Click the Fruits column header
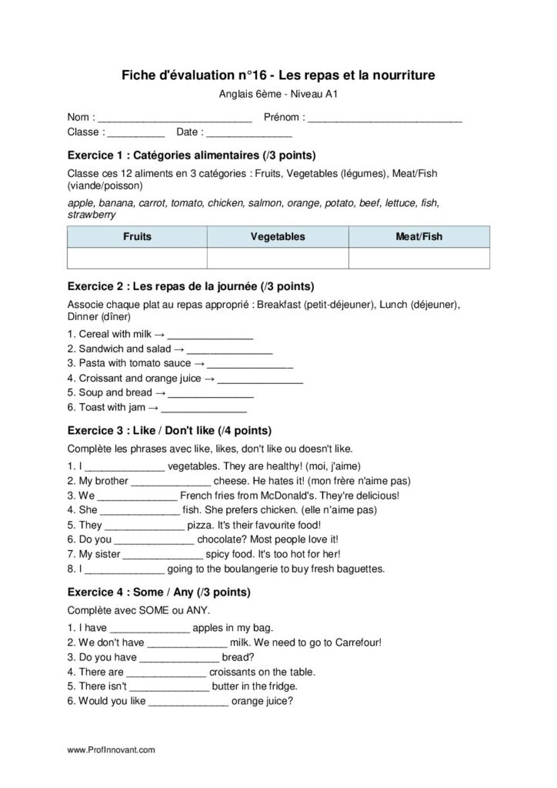137,237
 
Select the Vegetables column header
278,237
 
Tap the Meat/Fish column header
419,237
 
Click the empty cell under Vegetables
278,258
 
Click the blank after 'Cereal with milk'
210,336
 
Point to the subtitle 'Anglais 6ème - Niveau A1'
278,95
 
